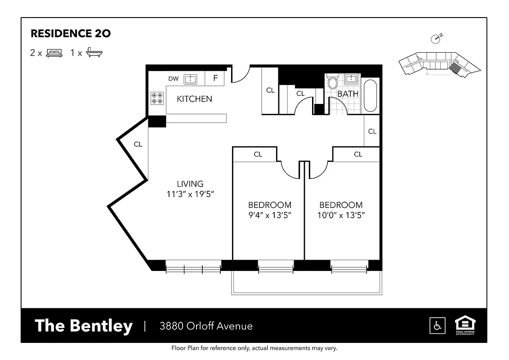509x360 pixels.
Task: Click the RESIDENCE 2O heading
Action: tap(70, 33)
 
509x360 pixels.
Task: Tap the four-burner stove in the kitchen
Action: tap(157, 98)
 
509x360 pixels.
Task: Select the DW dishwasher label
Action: tap(174, 79)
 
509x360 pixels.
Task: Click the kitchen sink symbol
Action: tap(191, 79)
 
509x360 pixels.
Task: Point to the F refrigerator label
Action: tap(215, 78)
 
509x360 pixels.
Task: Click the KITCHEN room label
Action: tap(194, 99)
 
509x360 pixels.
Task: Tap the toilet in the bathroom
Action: tap(333, 83)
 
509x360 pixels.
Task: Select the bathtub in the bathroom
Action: tap(371, 95)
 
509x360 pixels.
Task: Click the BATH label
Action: tap(348, 94)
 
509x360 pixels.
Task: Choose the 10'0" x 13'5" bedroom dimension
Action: tap(341, 215)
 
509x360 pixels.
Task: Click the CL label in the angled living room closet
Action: tap(138, 144)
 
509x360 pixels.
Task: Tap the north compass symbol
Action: tap(436, 39)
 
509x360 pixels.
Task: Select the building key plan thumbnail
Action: tap(438, 64)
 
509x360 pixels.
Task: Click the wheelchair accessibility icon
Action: tap(437, 325)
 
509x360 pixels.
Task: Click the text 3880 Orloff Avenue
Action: tap(206, 326)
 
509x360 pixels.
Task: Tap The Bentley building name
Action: tap(84, 326)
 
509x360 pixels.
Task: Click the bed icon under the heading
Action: tap(54, 53)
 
